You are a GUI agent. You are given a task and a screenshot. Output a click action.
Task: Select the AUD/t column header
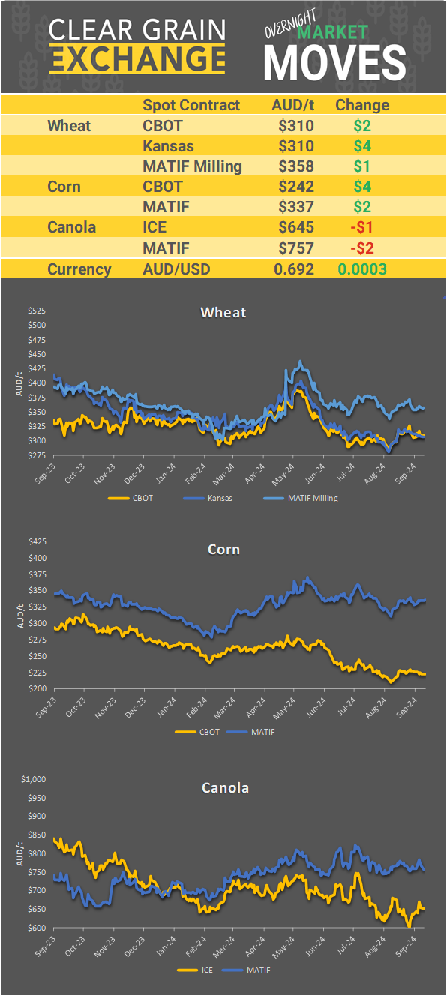[292, 105]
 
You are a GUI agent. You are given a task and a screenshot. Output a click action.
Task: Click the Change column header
[362, 105]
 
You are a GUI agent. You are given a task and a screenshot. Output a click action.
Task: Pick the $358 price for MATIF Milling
[295, 166]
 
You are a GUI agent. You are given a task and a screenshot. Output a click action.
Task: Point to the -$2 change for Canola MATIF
[362, 247]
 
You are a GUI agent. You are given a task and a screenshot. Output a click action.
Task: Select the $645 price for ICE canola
[295, 226]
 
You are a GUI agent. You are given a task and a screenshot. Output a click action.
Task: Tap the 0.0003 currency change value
[362, 269]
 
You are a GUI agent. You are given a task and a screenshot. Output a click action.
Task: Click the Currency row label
[79, 269]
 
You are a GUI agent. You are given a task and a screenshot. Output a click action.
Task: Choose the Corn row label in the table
[64, 186]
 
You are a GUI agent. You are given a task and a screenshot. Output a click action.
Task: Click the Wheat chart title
[223, 312]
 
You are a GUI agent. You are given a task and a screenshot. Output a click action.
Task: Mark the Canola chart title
[225, 787]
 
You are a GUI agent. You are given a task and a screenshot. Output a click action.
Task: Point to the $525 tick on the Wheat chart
[36, 310]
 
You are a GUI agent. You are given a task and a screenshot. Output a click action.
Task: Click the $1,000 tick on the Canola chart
[34, 780]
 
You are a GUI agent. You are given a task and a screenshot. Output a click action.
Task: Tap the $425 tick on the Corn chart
[36, 542]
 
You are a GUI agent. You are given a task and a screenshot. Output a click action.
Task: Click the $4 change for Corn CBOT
[362, 186]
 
